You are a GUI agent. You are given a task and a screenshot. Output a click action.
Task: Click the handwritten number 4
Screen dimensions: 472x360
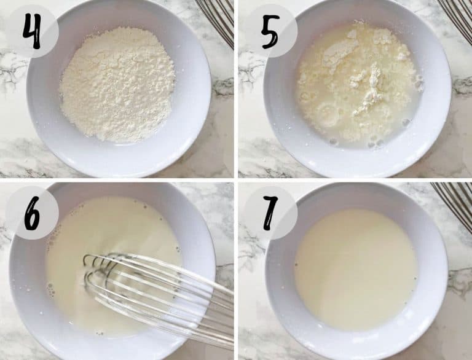[x=31, y=31]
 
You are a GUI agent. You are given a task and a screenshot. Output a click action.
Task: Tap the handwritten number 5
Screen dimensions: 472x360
[x=270, y=31]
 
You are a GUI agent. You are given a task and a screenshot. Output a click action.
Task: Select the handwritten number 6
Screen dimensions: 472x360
[x=31, y=213]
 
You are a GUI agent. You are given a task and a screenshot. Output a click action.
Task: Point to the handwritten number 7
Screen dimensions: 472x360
[x=270, y=213]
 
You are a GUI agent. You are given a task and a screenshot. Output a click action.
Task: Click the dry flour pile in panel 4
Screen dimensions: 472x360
[x=117, y=84]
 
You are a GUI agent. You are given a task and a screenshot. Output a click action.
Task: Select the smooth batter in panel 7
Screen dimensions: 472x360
[x=356, y=269]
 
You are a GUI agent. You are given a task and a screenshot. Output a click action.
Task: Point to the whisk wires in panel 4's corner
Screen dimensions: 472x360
[x=218, y=18]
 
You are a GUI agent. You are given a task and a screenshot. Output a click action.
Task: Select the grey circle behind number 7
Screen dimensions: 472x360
[x=270, y=213]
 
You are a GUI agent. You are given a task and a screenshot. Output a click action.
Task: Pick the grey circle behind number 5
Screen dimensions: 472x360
[x=270, y=31]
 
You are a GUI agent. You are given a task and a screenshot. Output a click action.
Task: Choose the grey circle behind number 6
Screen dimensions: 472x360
[x=31, y=213]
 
